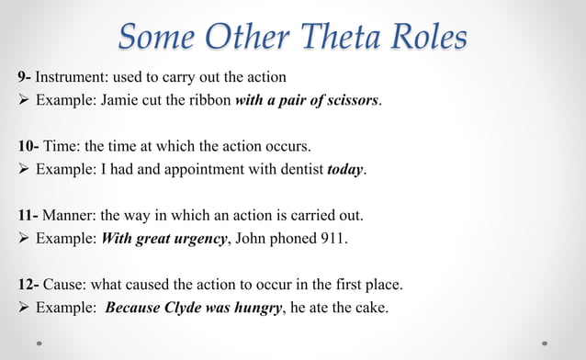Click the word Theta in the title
click(x=334, y=38)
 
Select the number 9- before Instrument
click(x=25, y=76)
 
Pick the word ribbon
click(x=208, y=100)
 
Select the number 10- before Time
click(x=28, y=146)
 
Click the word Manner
click(x=68, y=216)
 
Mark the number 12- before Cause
click(x=28, y=286)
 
